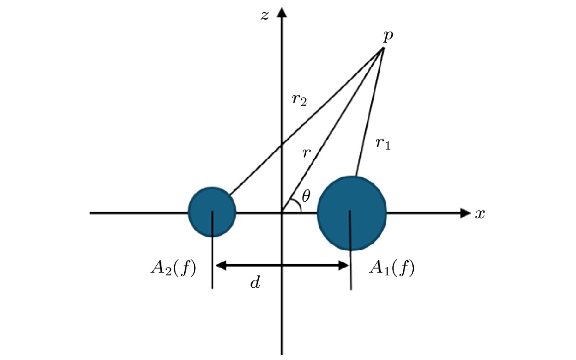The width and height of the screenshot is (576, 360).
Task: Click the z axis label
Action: point(265,15)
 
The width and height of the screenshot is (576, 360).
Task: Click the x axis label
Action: point(480,214)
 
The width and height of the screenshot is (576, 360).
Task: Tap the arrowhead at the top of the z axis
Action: point(282,12)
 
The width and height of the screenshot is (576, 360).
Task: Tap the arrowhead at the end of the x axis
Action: point(465,213)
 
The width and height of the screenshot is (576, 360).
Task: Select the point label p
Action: point(388,36)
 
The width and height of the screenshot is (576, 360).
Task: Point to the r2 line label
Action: point(299,100)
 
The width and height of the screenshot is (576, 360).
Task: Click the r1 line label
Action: point(383,144)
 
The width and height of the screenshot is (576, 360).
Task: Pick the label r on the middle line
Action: point(306,153)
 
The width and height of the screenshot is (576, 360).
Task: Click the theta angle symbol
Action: point(306,196)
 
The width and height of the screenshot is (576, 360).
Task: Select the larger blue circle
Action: point(352,213)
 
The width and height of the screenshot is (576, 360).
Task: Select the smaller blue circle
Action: point(212,212)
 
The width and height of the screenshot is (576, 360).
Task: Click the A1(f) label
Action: point(392,268)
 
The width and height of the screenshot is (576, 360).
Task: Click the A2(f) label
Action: point(173,268)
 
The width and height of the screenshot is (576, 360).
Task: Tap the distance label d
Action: point(255,282)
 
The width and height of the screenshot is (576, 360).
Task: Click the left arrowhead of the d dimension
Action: point(221,265)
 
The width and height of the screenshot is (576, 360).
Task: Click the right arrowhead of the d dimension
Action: point(344,265)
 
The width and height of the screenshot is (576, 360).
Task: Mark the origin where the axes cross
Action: point(282,213)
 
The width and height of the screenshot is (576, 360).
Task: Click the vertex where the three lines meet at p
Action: point(383,48)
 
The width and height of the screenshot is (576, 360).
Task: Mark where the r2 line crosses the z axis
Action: point(282,145)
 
